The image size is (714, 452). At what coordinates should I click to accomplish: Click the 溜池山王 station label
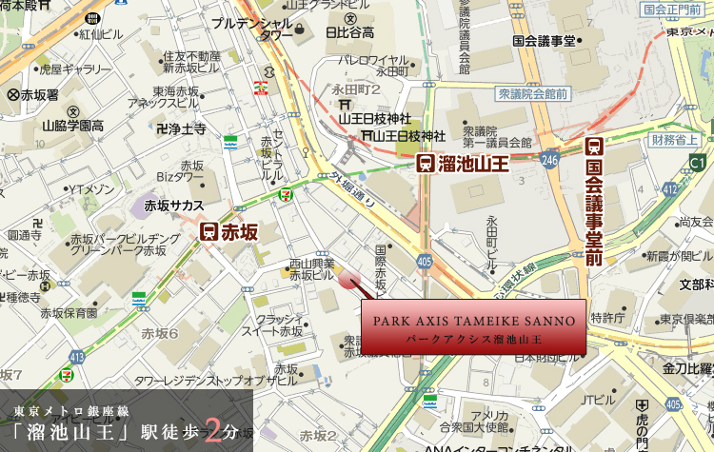click(x=474, y=164)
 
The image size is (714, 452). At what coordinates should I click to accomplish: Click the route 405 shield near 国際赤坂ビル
click(x=424, y=259)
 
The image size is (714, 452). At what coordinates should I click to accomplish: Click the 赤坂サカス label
click(x=173, y=205)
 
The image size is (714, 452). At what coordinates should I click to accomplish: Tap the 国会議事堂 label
click(x=544, y=41)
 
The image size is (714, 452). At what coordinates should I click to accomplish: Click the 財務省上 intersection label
click(x=676, y=141)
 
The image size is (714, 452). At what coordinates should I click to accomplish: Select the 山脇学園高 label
click(x=71, y=125)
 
